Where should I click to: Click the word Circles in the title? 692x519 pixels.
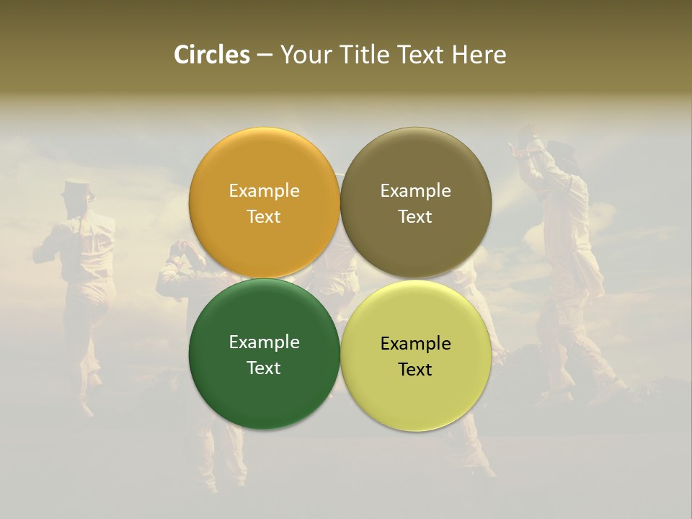[x=212, y=55]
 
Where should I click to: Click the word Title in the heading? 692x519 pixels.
[x=366, y=55]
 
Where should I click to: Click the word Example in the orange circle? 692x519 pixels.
[x=264, y=191]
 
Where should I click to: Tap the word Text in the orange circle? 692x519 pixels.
[x=264, y=217]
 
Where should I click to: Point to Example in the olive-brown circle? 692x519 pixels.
[x=415, y=191]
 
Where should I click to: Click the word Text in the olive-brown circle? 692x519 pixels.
[x=415, y=217]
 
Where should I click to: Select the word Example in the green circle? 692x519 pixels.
[x=264, y=342]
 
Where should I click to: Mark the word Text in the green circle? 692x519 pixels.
[x=264, y=368]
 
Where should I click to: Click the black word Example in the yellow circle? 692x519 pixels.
[x=415, y=344]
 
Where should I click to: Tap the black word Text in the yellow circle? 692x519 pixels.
[x=415, y=370]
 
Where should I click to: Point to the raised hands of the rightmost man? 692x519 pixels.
[x=525, y=136]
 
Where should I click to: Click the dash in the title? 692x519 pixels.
[x=265, y=56]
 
